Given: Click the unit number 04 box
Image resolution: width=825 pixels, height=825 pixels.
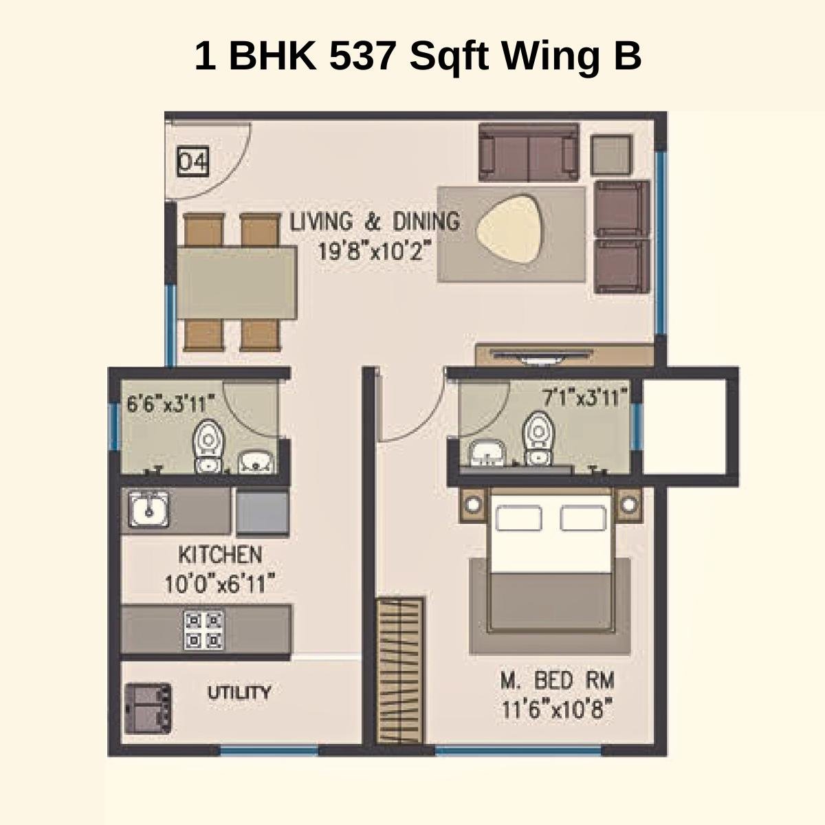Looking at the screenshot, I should tap(193, 162).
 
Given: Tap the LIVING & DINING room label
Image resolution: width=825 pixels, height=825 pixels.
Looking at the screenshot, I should tap(374, 222).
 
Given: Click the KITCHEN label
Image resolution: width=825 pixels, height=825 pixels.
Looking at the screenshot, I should tap(220, 554).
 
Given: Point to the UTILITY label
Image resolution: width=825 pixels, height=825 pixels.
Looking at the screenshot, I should tap(239, 692).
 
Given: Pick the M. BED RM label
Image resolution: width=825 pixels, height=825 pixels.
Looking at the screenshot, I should tap(557, 681).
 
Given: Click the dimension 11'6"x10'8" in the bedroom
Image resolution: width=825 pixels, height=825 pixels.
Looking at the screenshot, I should tap(557, 708).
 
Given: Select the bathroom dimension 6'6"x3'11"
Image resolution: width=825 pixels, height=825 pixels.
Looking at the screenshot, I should tap(171, 402).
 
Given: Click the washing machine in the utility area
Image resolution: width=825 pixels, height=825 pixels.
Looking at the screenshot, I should tap(148, 709).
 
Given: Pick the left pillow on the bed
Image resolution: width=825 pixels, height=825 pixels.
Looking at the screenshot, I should tap(519, 518).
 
